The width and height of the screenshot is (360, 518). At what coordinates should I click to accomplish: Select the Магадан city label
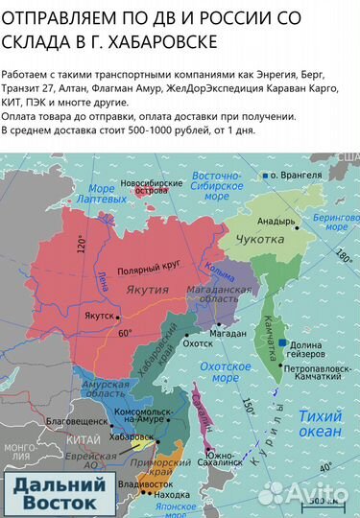point(217,333)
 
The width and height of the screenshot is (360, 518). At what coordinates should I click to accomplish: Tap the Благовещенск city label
point(60,420)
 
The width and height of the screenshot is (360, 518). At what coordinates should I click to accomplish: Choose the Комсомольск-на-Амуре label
point(149,415)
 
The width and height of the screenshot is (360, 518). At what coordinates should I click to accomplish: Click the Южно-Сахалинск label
point(228,458)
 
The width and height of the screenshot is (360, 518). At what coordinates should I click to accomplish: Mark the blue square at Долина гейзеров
point(284,342)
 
